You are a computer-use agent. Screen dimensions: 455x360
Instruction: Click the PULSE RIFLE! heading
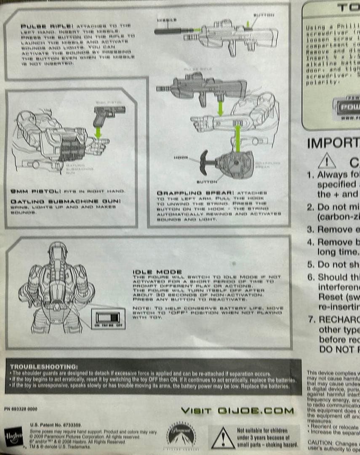click(x=40, y=26)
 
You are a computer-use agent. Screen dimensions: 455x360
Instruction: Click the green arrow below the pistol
click(x=98, y=132)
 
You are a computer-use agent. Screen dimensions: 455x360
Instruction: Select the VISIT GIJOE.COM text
click(x=237, y=410)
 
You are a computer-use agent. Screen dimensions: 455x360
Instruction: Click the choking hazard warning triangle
click(x=223, y=438)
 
